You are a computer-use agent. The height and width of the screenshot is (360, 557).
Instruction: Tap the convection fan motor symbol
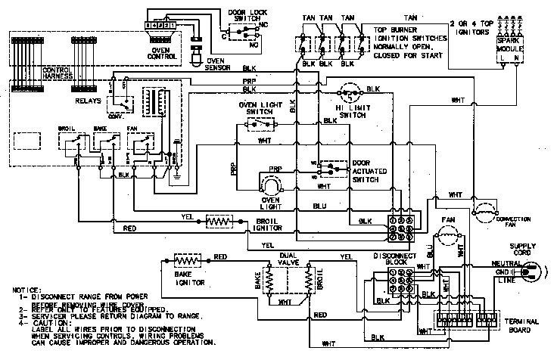pyautogui.click(x=484, y=209)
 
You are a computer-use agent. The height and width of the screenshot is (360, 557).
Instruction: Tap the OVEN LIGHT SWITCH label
pyautogui.click(x=260, y=109)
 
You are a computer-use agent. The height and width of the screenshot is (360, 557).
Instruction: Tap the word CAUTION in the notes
pyautogui.click(x=48, y=323)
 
